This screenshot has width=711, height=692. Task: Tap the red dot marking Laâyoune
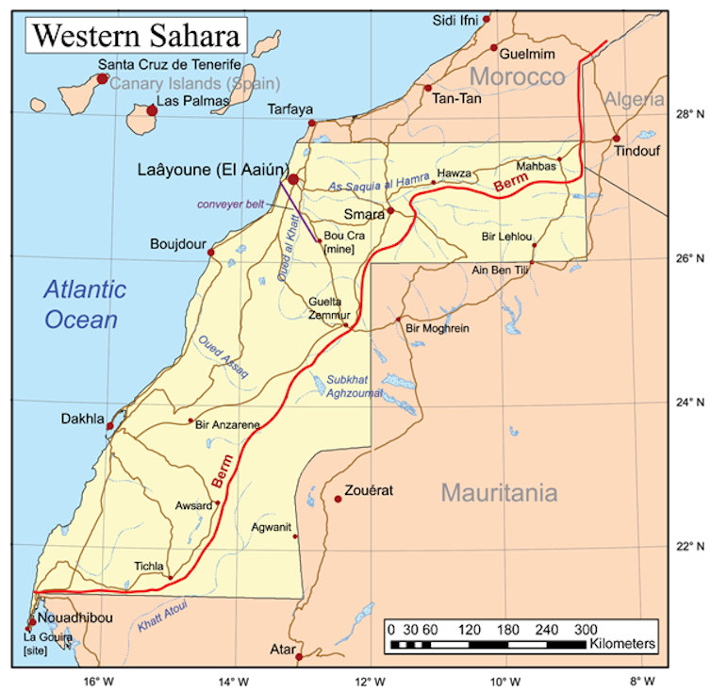pos(293,179)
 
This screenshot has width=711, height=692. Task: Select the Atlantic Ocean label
pos(84,304)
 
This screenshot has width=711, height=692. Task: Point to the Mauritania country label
pos(499,492)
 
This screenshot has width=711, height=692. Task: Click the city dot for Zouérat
pos(338,498)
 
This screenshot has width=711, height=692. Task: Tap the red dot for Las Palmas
pos(151,110)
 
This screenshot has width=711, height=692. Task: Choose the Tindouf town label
pos(637,151)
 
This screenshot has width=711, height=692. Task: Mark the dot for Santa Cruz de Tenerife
pos(102,78)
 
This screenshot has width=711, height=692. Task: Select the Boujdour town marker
pos(210,253)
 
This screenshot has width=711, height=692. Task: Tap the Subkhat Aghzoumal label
pos(354,387)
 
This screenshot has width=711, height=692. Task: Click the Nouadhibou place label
pos(74,618)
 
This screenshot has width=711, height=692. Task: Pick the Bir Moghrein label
pos(437,328)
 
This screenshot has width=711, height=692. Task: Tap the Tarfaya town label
pos(289,108)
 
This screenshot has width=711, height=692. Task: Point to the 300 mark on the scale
pos(586,629)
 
